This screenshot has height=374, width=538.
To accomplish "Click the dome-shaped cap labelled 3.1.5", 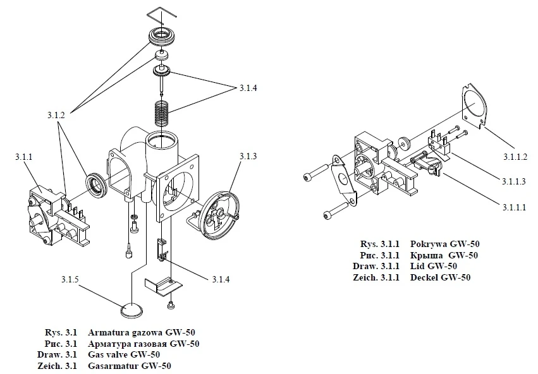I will (x=131, y=310).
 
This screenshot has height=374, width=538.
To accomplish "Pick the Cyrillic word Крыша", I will (x=427, y=255).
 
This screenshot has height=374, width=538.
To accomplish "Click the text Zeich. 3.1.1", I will (x=376, y=277).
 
